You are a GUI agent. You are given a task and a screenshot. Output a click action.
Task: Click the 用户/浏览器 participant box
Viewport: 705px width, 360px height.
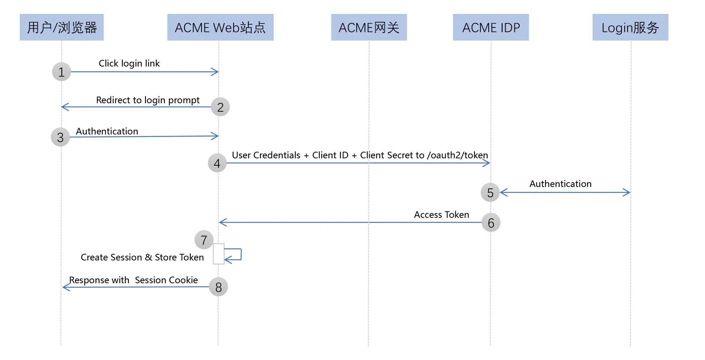pos(62,27)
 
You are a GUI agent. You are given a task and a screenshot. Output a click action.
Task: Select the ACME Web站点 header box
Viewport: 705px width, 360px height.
pos(220,27)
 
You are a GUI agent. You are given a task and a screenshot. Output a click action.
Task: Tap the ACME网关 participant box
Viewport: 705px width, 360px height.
pos(369,27)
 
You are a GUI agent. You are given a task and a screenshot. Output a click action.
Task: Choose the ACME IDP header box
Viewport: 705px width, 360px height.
pos(491,27)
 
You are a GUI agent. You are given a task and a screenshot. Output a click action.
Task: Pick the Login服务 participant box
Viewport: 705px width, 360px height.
pos(630,27)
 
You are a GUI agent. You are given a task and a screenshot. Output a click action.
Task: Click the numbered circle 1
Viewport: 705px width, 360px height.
pos(61,72)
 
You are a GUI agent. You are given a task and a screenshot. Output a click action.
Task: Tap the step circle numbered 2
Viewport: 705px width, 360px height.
pos(220,107)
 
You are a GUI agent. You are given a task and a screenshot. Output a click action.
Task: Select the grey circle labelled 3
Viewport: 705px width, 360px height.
pos(60,137)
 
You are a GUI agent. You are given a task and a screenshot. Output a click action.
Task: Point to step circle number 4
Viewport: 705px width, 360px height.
pos(217,163)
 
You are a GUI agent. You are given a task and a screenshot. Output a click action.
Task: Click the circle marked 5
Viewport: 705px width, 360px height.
pos(490,192)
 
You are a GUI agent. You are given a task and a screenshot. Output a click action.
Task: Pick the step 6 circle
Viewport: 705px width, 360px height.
pos(491,223)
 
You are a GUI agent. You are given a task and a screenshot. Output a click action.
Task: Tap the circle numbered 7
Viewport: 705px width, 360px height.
pos(204,240)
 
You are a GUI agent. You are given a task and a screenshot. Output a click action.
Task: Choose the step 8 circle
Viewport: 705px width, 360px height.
pos(218,287)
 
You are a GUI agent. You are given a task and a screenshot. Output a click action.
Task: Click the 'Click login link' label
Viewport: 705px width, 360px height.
pos(129,64)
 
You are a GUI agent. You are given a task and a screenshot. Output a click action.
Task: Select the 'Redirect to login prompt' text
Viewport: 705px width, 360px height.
pos(148,100)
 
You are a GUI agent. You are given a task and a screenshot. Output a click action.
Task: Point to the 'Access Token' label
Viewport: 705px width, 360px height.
pos(441,215)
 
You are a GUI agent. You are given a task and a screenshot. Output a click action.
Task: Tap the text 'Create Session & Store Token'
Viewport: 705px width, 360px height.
pos(142,257)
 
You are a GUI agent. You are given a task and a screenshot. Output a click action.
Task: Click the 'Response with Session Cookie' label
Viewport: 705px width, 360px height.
pos(133,280)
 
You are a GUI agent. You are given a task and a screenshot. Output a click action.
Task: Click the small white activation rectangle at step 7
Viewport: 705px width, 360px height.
pos(218,254)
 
